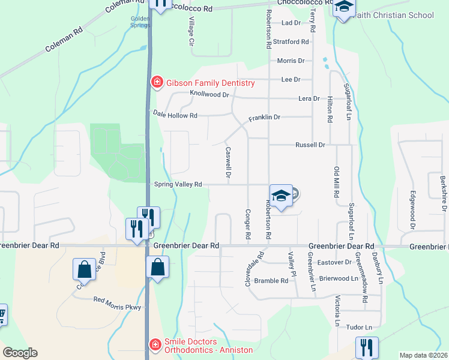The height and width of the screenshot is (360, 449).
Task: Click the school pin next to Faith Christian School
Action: tap(344, 8)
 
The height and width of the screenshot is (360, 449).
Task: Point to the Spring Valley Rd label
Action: tap(178, 185)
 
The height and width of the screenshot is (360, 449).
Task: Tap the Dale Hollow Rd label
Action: tap(175, 115)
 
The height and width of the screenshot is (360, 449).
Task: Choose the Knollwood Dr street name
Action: tap(209, 95)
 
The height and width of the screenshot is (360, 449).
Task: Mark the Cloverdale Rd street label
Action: tap(255, 268)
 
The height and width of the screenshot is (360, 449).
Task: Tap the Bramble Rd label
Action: tap(271, 281)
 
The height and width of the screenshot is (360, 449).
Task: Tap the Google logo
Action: tap(20, 353)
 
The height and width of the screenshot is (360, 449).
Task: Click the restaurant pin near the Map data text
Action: tap(366, 347)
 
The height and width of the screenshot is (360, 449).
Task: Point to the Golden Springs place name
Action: tap(140, 22)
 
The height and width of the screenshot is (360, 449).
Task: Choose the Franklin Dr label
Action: tap(264, 118)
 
